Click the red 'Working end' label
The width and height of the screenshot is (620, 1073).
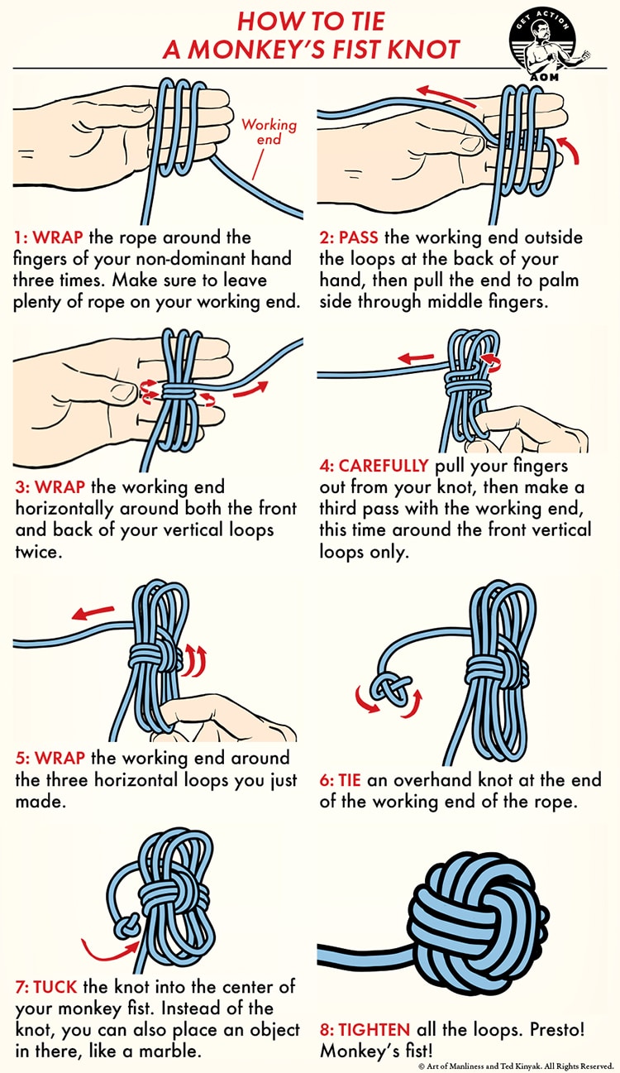pos(268,132)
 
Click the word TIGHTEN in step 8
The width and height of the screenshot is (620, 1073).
pos(365,1030)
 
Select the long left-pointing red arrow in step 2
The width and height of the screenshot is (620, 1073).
pos(445,95)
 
